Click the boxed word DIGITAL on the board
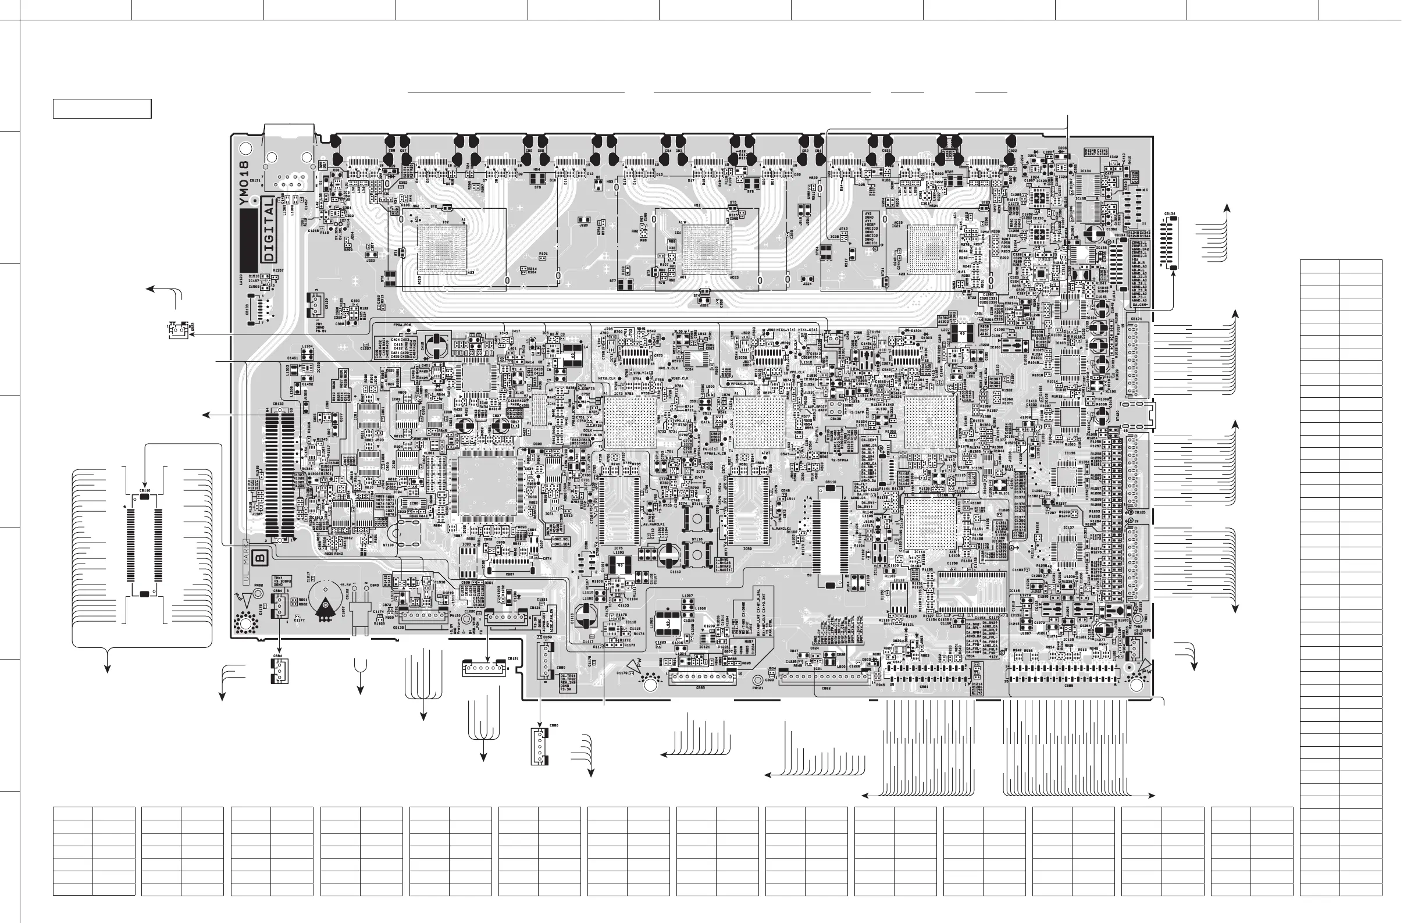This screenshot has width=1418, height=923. coord(268,229)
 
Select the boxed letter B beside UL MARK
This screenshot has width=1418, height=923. coord(261,558)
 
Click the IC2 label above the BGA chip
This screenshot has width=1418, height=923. coord(446,222)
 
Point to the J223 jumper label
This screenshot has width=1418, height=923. coord(370,261)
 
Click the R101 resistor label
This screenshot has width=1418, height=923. coord(543,254)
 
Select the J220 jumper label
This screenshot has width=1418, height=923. coord(584,225)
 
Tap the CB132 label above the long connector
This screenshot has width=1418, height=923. coord(278,404)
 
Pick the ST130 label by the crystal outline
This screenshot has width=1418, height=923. coord(388,544)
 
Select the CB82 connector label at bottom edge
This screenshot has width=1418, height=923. coord(826,688)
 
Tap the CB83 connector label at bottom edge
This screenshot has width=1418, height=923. coord(701,687)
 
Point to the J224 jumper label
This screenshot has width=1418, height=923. coord(807,284)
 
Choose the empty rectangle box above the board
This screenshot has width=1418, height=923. coord(102,109)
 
